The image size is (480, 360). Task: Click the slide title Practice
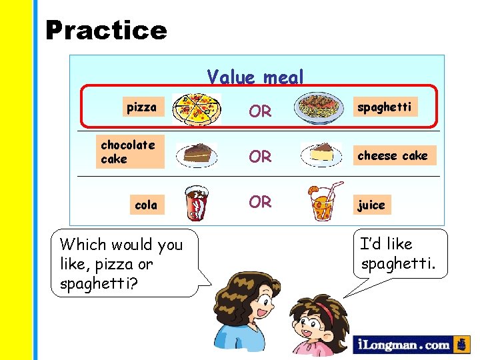point(106,31)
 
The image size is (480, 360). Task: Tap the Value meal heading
point(255,78)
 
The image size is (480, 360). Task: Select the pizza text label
point(141,107)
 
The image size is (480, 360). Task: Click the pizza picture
point(195,109)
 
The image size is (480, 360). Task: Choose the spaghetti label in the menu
point(385,107)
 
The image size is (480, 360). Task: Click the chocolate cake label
point(128,151)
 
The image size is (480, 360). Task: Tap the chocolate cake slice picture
point(197,154)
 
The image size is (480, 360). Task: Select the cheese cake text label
point(393,155)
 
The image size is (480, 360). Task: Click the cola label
point(146,205)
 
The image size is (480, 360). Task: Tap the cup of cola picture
point(197,202)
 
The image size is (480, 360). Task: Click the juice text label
point(371,205)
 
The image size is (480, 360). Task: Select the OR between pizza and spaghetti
point(260,111)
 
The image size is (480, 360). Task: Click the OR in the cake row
point(260,157)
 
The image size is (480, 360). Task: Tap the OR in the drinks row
point(260,201)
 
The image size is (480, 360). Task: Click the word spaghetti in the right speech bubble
point(398,264)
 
